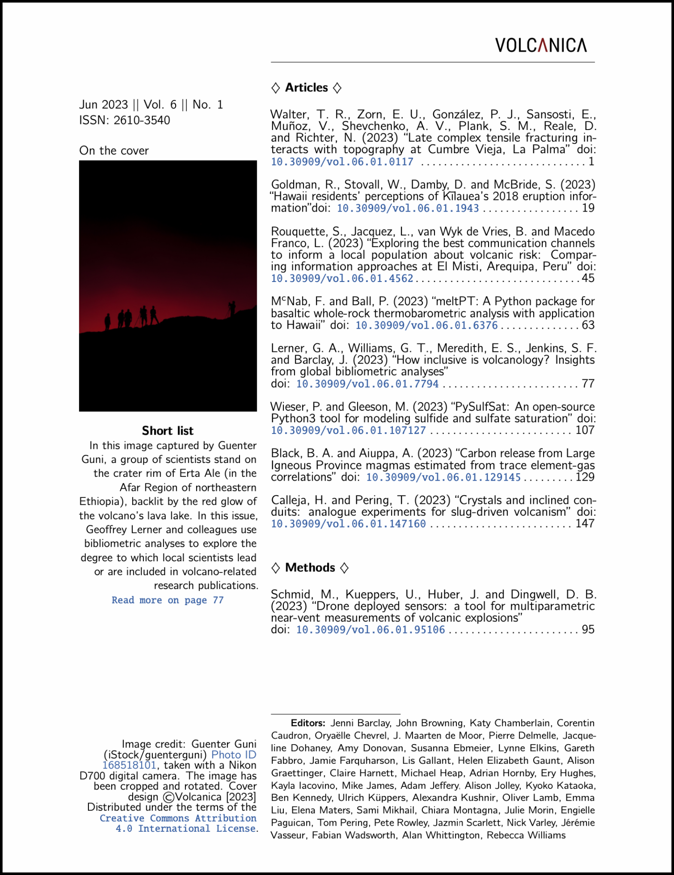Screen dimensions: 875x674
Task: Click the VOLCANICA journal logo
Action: coord(540,45)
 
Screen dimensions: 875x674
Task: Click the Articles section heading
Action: coord(306,88)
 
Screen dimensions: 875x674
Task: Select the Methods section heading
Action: coord(310,567)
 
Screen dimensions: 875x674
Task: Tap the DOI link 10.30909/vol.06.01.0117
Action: coord(342,161)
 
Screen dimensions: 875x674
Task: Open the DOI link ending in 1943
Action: coord(407,208)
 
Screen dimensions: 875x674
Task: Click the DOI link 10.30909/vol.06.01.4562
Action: coord(342,278)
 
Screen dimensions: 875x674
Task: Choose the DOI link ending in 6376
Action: coord(426,325)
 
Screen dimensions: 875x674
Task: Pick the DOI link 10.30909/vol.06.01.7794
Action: coord(367,383)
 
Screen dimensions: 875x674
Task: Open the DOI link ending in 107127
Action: coord(348,430)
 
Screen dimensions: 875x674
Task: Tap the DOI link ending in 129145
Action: coord(443,477)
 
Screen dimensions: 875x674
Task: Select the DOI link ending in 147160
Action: coord(348,524)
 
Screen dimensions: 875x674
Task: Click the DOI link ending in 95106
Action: coord(370,630)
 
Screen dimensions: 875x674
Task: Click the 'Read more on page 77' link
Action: coord(167,600)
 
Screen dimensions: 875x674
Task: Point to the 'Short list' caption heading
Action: coord(167,430)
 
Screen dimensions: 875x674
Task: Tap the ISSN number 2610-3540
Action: coord(142,120)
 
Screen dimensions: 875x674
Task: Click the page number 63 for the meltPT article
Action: coord(588,325)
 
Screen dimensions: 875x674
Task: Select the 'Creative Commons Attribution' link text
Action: coord(178,818)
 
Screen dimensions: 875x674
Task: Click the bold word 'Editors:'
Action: coord(308,723)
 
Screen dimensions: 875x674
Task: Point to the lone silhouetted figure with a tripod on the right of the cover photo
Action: coord(232,308)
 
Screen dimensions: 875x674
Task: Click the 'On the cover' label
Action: coord(114,151)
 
